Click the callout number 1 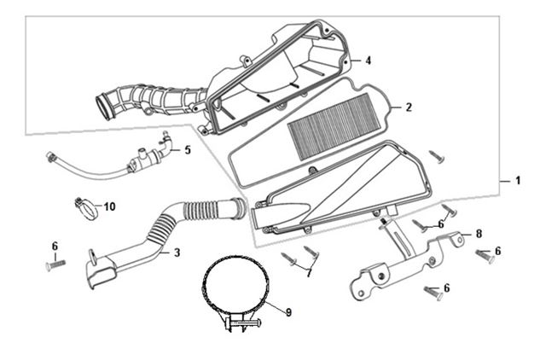coord(517,182)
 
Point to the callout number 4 coord(368,61)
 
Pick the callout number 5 coord(187,149)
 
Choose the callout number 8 coord(479,233)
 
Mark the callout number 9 coord(288,313)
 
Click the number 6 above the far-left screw coord(55,246)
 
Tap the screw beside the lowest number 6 coord(431,293)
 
